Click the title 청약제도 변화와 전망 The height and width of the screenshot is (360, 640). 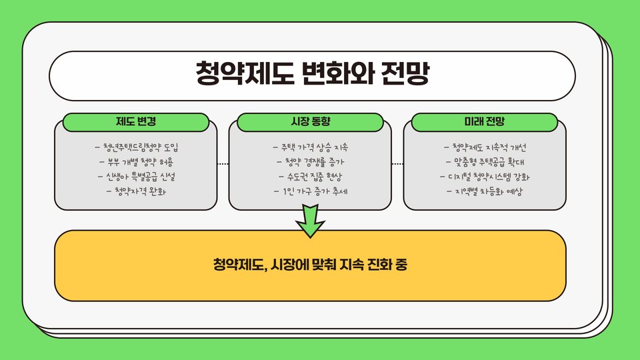point(312,73)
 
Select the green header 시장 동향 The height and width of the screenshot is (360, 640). point(311,122)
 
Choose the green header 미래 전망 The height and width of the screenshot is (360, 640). point(485,122)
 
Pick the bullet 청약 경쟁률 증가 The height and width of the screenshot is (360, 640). point(311,162)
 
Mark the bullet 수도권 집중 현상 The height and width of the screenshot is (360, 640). point(311,177)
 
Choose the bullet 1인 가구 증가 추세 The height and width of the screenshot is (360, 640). point(311,191)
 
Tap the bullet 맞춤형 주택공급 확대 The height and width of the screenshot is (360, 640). point(485,162)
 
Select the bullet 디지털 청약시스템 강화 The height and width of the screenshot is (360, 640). point(485,177)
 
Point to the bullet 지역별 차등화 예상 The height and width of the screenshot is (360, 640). point(485,191)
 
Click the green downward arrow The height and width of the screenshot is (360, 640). point(311,221)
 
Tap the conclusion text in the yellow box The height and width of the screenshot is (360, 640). point(311,265)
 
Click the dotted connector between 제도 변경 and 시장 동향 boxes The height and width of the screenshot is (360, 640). point(223,163)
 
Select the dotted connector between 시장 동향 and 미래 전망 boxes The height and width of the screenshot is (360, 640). point(397,163)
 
